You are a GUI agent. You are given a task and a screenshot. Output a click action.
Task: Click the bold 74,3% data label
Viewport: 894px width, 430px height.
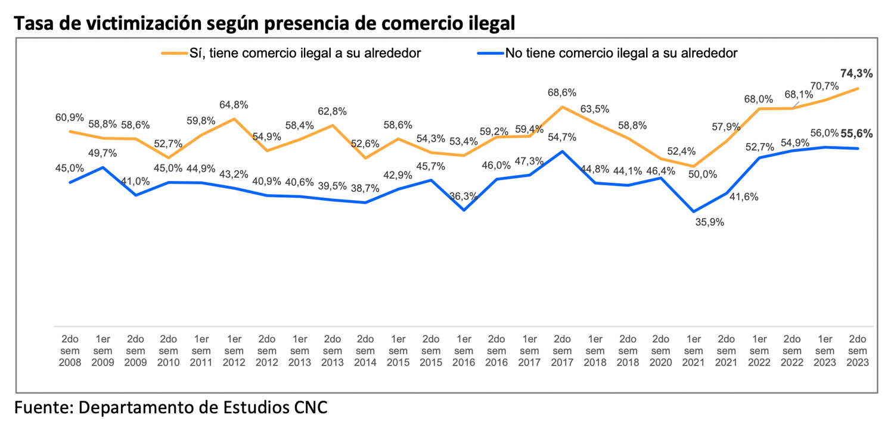[856, 74]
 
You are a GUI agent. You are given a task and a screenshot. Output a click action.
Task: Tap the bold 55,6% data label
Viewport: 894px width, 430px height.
[856, 134]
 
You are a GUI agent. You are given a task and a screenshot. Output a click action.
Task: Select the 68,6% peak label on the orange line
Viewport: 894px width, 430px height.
[561, 93]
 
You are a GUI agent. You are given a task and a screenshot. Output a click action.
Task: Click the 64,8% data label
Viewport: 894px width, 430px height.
[234, 105]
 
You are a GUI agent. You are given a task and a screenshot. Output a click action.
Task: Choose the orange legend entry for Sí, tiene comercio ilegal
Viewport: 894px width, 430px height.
[291, 53]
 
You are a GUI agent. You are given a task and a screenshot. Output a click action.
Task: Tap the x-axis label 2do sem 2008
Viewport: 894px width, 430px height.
[70, 351]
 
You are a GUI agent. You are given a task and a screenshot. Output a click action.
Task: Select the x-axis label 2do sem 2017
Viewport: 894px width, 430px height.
[561, 351]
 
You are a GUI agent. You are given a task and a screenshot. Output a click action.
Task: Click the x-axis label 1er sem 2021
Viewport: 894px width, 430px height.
[693, 351]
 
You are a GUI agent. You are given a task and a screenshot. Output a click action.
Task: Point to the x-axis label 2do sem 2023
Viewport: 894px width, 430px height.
[856, 351]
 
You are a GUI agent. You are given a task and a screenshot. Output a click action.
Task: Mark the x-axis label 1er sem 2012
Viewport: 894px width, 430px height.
[234, 351]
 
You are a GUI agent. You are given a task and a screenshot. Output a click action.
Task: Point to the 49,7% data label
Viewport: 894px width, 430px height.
[103, 154]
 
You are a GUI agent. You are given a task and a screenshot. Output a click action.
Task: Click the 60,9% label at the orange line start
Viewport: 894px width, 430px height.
[70, 117]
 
